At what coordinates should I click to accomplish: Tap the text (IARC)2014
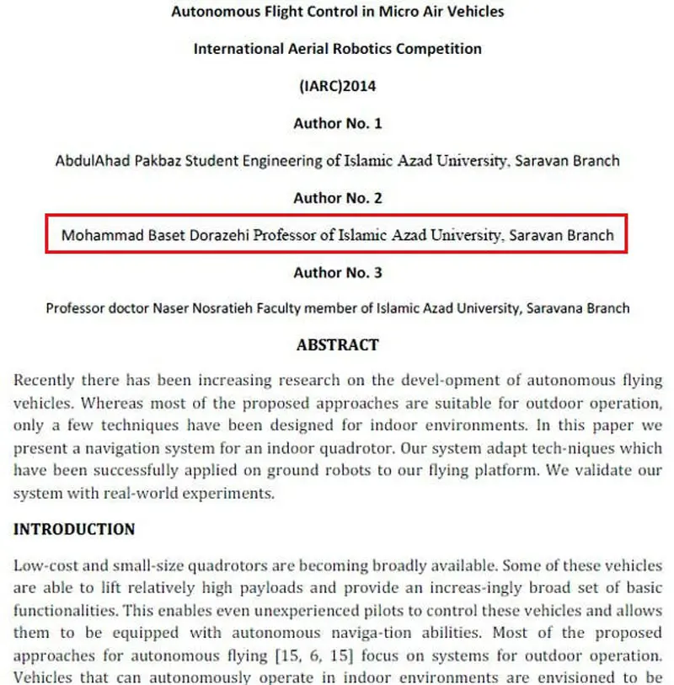coord(337,86)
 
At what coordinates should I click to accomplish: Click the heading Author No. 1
coord(337,123)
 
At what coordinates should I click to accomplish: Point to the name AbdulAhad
coord(90,160)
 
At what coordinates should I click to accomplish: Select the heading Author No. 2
coord(337,198)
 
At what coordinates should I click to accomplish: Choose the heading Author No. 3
coord(337,272)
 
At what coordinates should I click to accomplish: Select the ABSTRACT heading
coord(337,345)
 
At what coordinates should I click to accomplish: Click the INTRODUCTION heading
coord(74,530)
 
